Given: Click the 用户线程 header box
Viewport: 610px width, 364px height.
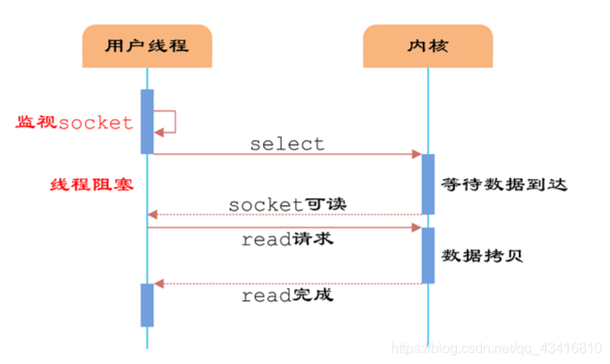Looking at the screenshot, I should [147, 46].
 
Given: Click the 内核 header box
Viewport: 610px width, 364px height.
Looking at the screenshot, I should [427, 46].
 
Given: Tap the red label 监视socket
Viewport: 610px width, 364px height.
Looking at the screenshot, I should [74, 123].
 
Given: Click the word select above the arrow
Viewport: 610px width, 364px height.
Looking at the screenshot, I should [287, 144].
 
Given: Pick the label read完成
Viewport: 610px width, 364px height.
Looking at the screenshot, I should [287, 296].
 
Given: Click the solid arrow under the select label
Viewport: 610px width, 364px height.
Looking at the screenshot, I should [286, 155].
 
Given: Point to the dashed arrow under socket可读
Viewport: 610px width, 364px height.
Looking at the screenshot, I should [286, 214].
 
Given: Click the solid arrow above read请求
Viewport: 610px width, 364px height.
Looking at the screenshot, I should [286, 228].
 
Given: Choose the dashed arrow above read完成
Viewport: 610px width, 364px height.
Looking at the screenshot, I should [286, 284].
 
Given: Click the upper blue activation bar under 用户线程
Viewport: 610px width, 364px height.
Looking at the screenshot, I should [147, 121].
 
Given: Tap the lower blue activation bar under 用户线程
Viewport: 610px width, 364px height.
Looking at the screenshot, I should [147, 304].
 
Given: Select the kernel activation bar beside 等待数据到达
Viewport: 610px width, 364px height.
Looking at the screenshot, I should [427, 184].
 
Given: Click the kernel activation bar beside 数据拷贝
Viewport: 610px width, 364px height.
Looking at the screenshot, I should [427, 255].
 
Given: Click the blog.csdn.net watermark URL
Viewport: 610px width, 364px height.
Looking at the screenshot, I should [497, 348].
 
